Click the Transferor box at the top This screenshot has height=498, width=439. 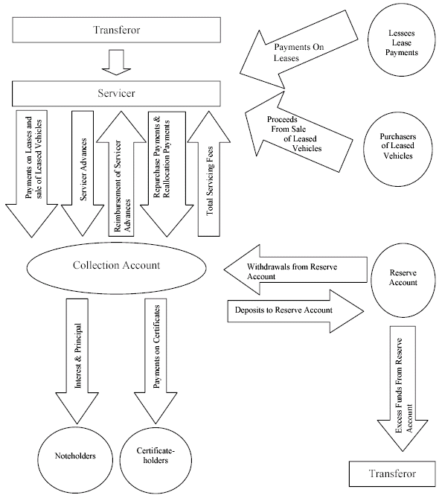(x=117, y=30)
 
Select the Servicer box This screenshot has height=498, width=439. (x=116, y=93)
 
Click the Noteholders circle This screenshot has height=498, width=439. (x=75, y=460)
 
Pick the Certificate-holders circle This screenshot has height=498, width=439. (x=156, y=460)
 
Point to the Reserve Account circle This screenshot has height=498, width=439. (x=403, y=280)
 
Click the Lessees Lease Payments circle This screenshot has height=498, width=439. (x=402, y=43)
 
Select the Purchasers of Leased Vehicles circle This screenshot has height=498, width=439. (x=398, y=149)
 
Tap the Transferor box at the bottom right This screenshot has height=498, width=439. (x=392, y=473)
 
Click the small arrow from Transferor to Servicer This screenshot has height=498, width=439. (x=116, y=63)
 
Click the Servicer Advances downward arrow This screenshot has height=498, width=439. (x=83, y=173)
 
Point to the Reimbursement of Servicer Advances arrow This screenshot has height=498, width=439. (x=121, y=173)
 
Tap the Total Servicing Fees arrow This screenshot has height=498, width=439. (x=209, y=173)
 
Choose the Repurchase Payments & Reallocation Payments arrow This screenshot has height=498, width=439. (x=167, y=174)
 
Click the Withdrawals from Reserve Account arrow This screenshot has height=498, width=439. (x=295, y=270)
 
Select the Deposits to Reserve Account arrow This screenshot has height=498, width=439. (x=295, y=311)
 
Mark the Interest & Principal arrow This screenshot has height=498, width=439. (x=77, y=361)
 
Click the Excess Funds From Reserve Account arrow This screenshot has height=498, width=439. (x=403, y=389)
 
